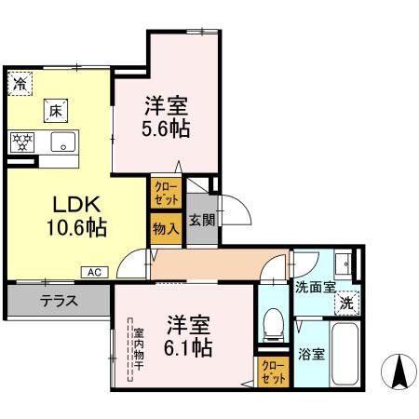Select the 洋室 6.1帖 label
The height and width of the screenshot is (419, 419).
click(x=190, y=337)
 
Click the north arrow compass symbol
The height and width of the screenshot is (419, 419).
click(x=401, y=372)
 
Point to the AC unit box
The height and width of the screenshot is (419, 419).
click(x=94, y=272)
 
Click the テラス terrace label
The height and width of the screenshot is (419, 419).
click(x=58, y=301)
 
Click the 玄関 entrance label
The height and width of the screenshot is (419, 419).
click(x=202, y=220)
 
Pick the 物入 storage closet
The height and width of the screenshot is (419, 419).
click(x=166, y=229)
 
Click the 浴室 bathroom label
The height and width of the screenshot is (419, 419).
click(x=311, y=355)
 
